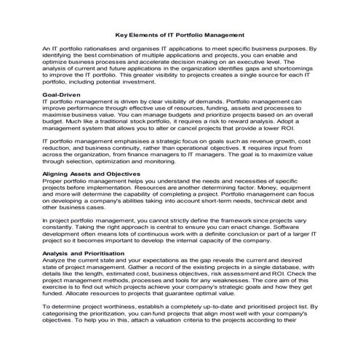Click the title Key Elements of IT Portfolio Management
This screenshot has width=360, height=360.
tap(180, 33)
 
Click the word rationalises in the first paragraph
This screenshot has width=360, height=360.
tap(101, 48)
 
